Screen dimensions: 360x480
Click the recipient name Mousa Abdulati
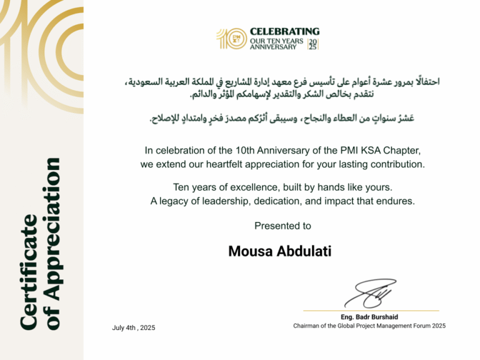280,251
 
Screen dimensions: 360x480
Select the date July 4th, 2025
134,328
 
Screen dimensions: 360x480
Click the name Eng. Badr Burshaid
369,317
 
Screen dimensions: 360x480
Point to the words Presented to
282,226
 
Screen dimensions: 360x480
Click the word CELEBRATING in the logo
284,31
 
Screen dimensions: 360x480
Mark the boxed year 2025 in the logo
312,44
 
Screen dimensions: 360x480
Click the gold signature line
371,311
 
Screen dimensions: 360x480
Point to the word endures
397,201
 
